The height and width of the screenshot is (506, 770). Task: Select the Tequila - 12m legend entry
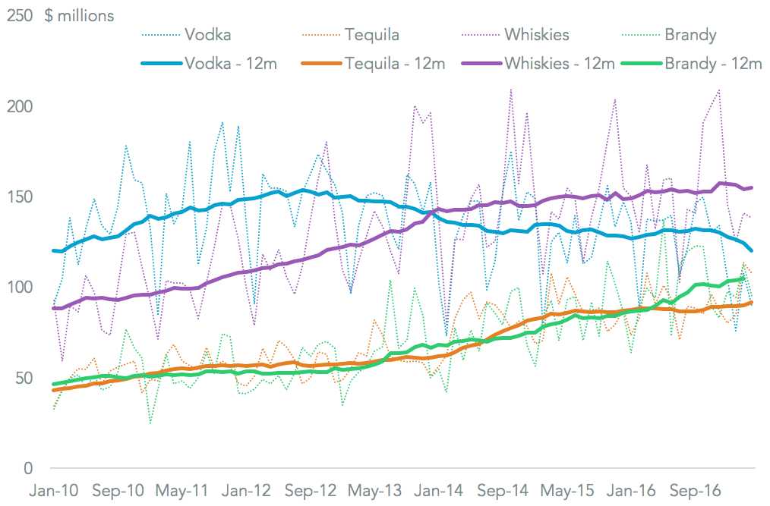pyautogui.click(x=394, y=63)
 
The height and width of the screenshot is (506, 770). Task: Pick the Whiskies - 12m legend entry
pyautogui.click(x=559, y=63)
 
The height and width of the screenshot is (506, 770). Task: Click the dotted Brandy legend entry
pyautogui.click(x=690, y=35)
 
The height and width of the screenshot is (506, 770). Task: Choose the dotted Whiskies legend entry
pyautogui.click(x=536, y=35)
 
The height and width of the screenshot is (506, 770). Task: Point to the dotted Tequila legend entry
pyautogui.click(x=371, y=35)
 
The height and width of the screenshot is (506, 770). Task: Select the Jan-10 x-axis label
pyautogui.click(x=53, y=490)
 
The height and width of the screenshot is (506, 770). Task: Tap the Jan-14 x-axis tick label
pyautogui.click(x=440, y=490)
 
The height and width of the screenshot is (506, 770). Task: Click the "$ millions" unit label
pyautogui.click(x=80, y=16)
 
